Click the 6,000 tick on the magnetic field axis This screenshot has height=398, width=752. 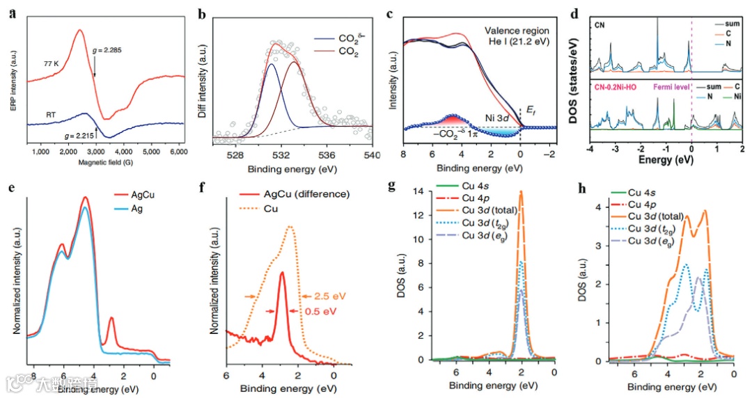pyautogui.click(x=177, y=151)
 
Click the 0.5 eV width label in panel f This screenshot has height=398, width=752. pyautogui.click(x=318, y=310)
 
